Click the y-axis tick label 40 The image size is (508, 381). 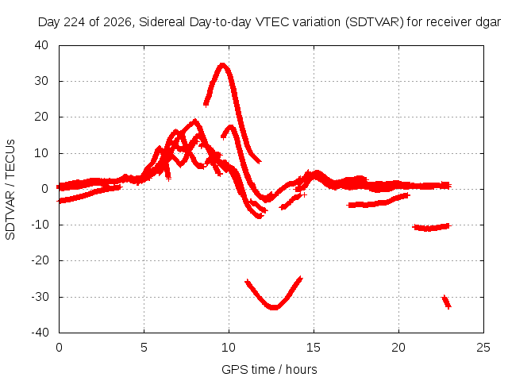pos(41,45)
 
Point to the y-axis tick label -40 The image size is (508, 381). pos(40,333)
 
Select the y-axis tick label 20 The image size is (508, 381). pos(41,117)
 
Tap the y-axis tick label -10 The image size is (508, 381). pos(40,224)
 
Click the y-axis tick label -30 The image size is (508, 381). pos(40,296)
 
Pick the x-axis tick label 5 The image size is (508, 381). pos(144,348)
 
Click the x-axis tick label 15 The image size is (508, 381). pos(314,348)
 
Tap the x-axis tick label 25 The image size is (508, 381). pos(483,348)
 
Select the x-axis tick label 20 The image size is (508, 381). pos(398,348)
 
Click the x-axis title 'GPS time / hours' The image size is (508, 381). pos(269,369)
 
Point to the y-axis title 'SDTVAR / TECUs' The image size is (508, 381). pos(10,190)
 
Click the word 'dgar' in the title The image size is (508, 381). pos(488,22)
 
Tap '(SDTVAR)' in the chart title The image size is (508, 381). pos(375,22)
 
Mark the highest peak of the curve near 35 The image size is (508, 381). pos(222,64)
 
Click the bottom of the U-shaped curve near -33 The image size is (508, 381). pos(274,307)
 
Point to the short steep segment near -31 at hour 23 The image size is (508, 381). pos(446,302)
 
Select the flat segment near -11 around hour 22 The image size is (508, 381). pos(431,228)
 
